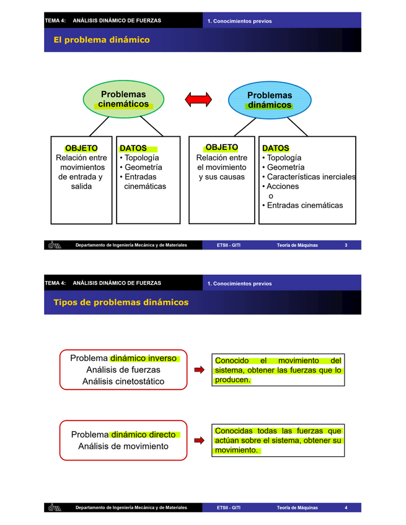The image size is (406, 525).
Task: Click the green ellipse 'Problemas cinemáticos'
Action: (x=123, y=99)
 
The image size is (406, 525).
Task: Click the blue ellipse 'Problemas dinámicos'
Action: (x=270, y=100)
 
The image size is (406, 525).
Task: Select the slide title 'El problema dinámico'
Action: (x=102, y=40)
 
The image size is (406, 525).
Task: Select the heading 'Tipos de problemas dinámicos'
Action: (x=121, y=302)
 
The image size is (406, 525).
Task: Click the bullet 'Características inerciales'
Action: (x=311, y=177)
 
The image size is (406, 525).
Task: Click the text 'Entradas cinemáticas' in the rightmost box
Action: (x=304, y=206)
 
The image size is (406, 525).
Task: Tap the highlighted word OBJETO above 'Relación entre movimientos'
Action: (x=81, y=148)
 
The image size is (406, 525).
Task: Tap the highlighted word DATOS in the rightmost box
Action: (x=276, y=149)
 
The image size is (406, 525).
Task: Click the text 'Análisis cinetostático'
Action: (x=123, y=381)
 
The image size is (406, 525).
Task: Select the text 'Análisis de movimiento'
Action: (x=123, y=446)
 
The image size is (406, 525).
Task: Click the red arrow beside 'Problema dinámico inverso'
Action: (x=199, y=370)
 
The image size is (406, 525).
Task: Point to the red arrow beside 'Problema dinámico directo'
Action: (x=199, y=440)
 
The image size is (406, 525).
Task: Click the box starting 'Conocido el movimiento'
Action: (x=278, y=370)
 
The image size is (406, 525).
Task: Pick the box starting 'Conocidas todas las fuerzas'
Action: (x=278, y=440)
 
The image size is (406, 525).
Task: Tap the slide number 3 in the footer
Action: (x=346, y=246)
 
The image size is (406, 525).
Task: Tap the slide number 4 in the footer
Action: (x=346, y=508)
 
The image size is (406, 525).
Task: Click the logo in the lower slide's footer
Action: (x=54, y=508)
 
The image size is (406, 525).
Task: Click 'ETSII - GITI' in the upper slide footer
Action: (x=229, y=246)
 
